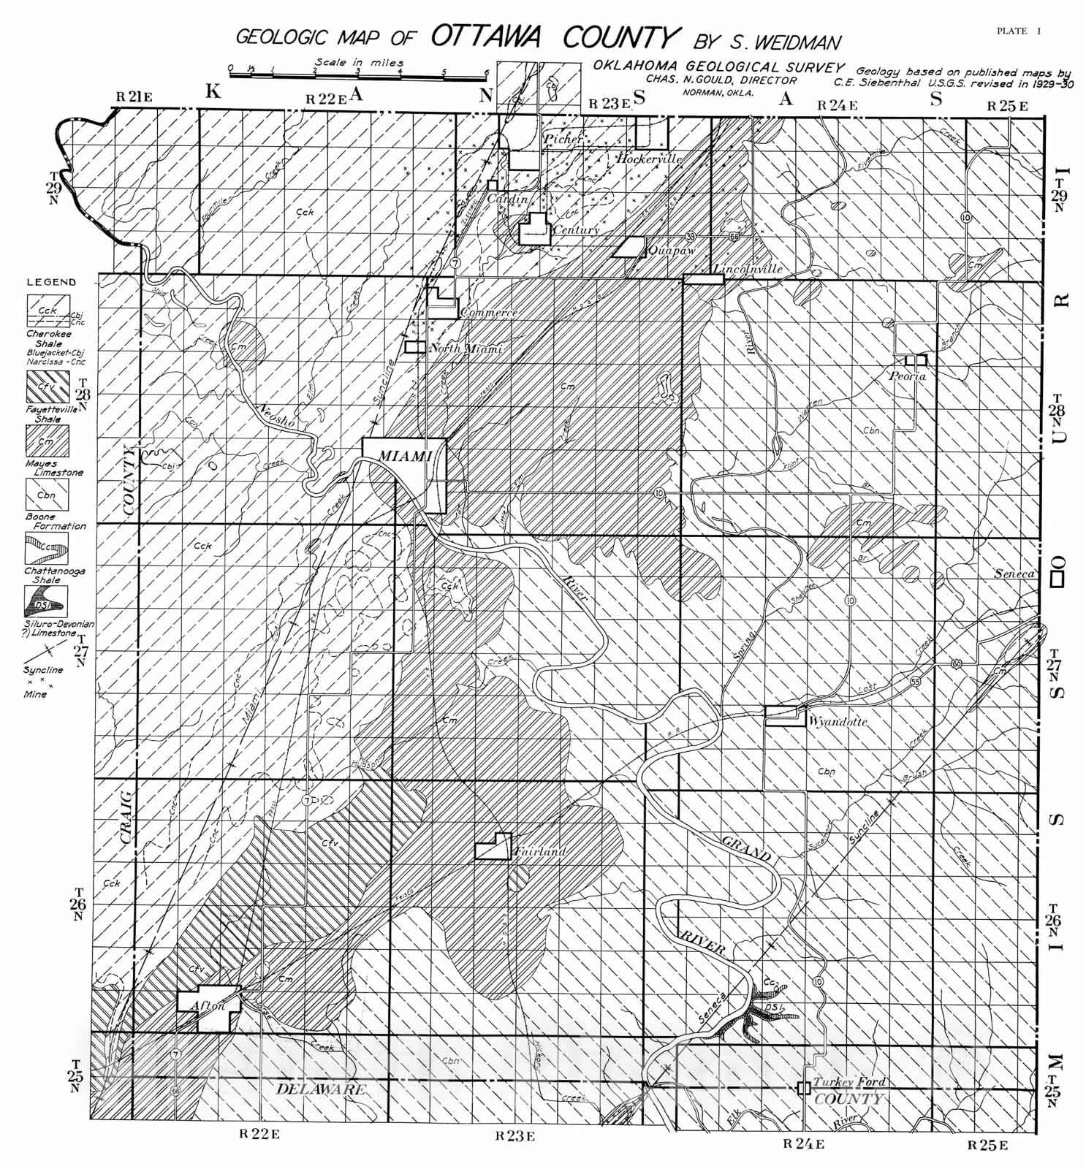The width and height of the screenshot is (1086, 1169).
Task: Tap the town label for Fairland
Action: click(539, 852)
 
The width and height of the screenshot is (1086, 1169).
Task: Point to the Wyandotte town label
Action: click(838, 721)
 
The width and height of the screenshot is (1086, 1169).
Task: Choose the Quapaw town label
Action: click(670, 251)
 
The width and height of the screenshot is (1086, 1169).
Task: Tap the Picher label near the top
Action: click(563, 138)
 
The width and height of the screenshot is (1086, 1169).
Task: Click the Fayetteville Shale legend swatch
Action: click(48, 387)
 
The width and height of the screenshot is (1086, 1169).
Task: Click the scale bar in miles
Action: click(358, 75)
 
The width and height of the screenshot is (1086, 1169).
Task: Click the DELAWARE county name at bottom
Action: click(320, 1089)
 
